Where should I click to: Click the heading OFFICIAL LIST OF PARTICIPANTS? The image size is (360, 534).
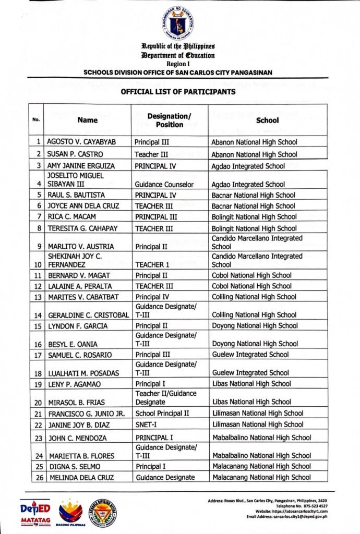[x=178, y=92]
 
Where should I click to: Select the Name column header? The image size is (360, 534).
[x=88, y=120]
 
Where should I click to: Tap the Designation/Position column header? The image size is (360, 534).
[x=169, y=120]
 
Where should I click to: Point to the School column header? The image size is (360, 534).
[x=267, y=120]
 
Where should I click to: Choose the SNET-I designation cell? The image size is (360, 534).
[x=147, y=424]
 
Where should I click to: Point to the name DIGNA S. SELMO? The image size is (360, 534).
[x=75, y=467]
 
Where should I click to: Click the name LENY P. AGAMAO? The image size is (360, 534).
[x=74, y=384]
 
